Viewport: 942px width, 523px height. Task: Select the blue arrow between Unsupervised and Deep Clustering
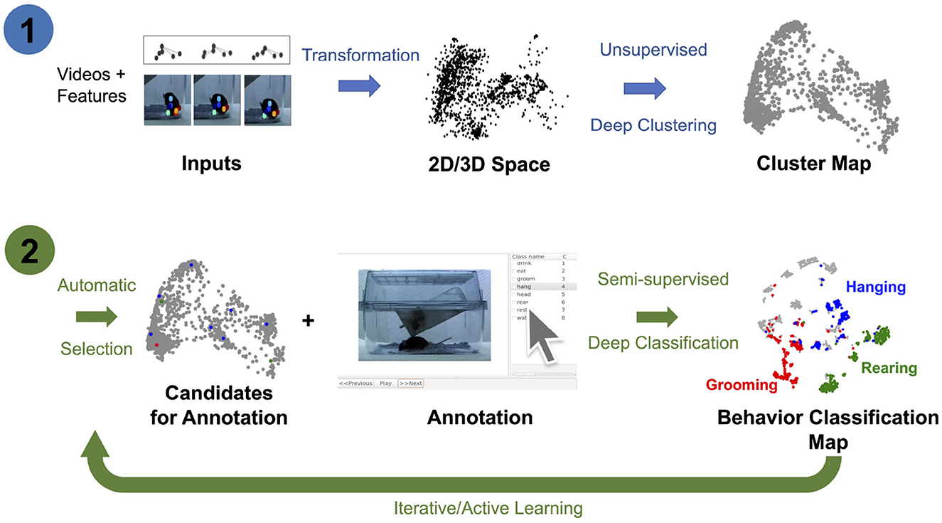pos(645,88)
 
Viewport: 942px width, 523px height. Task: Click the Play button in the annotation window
pos(385,383)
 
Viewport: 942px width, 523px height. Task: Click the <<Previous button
pos(355,383)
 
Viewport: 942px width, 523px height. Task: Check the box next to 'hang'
pos(513,286)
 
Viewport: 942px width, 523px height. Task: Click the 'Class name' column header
pos(528,255)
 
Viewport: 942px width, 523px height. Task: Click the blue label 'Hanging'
pos(875,287)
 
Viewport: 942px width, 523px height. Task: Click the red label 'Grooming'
pos(742,385)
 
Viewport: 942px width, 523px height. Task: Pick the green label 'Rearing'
pos(889,369)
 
